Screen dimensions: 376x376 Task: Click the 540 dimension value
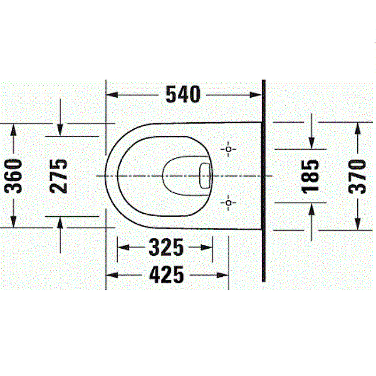[183, 94]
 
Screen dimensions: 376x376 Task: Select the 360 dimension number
[13, 176]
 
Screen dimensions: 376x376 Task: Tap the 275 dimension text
[58, 176]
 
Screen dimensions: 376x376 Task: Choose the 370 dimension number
[357, 176]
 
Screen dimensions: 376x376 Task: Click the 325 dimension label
[166, 247]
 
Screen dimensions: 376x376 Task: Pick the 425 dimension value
[166, 275]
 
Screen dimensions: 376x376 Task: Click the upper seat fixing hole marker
[228, 149]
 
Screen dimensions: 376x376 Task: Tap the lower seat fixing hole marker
[228, 203]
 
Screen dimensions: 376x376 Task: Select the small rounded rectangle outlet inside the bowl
[205, 176]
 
